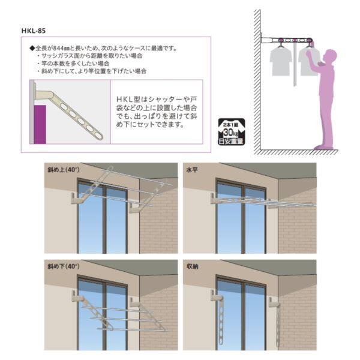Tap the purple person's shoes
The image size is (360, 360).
coord(325,146)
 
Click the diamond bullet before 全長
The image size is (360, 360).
coord(32,47)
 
